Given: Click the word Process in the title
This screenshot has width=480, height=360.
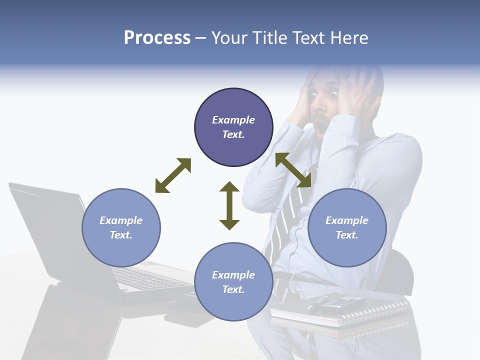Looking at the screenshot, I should [x=157, y=38].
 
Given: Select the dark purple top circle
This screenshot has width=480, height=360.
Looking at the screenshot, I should [x=233, y=127].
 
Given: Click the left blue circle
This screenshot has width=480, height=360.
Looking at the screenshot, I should [x=121, y=227].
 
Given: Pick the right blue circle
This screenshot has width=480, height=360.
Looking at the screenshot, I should [x=347, y=227].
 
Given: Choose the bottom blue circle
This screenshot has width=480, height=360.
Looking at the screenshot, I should [x=233, y=282].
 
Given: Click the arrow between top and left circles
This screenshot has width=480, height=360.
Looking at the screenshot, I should [x=173, y=175].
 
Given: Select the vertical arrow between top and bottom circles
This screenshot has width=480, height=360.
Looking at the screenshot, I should [x=229, y=205].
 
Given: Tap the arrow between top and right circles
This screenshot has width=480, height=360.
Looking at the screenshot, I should [x=293, y=170].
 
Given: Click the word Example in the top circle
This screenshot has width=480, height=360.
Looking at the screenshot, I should [x=233, y=120].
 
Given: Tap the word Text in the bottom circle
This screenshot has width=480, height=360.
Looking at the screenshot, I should [x=232, y=289].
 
